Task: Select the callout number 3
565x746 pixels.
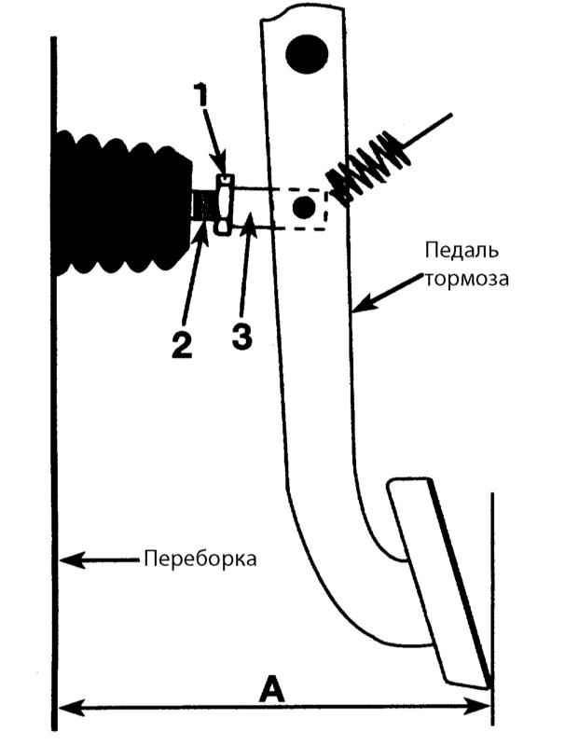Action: coord(241,337)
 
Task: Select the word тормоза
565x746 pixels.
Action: coord(466,278)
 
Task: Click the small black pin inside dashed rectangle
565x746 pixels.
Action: coord(301,208)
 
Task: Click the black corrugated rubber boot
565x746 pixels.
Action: coord(117,205)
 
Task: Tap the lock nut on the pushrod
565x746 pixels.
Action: coord(222,204)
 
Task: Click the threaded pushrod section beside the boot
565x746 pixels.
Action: coord(202,204)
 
